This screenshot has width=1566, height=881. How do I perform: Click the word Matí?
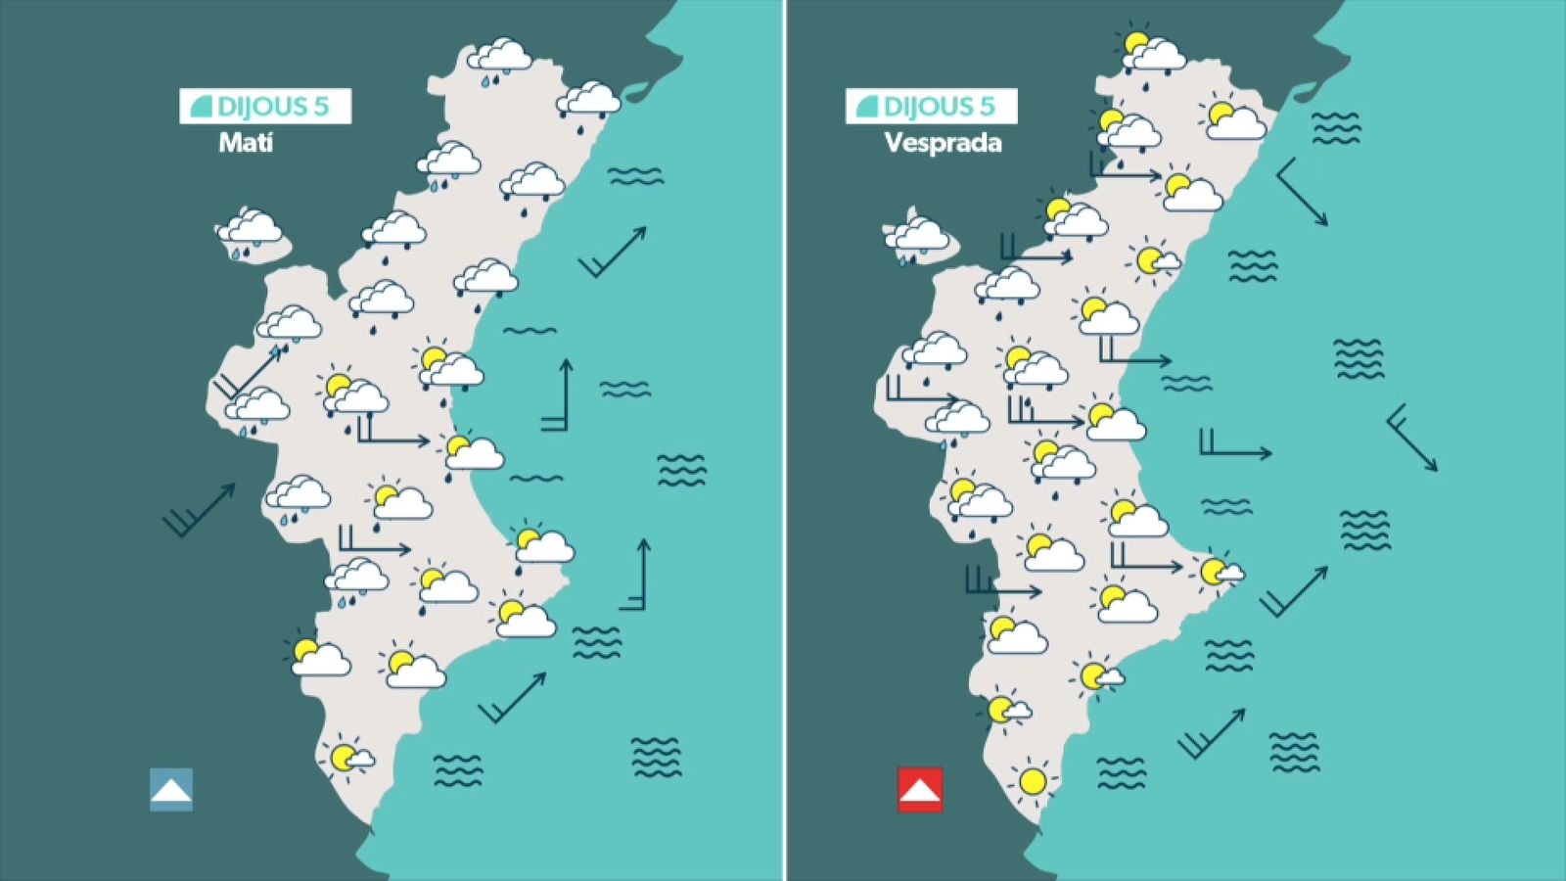click(245, 143)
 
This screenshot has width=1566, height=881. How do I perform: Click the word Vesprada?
click(943, 143)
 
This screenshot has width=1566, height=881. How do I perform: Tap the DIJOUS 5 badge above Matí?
click(265, 107)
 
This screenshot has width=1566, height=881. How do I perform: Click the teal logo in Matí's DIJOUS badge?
click(201, 107)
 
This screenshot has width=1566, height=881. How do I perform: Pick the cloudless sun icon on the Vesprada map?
click(1032, 781)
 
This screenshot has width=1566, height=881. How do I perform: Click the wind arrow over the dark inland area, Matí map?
click(200, 510)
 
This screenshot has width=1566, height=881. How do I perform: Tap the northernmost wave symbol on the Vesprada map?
click(1335, 127)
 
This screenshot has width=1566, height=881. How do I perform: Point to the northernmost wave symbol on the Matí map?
click(635, 176)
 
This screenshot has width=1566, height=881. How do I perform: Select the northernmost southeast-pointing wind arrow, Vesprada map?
click(1303, 192)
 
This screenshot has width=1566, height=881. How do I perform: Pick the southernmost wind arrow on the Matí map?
click(512, 698)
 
